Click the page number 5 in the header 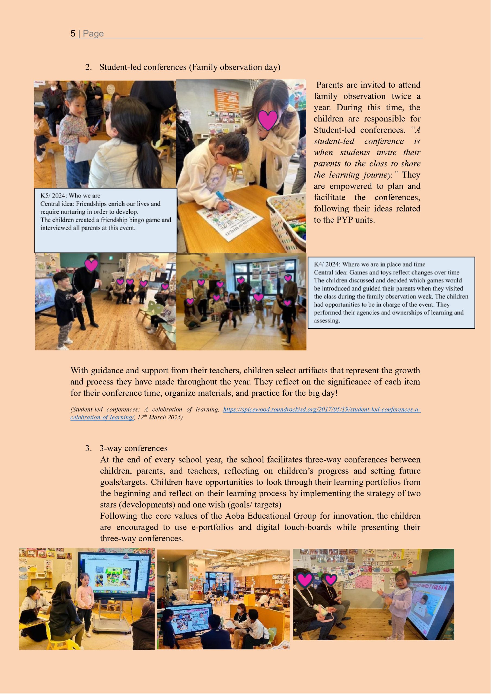coord(73,34)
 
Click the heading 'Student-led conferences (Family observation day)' coord(190,67)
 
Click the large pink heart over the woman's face coord(267,120)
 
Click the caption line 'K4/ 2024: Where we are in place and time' coord(369,264)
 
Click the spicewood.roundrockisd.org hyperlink coord(321,410)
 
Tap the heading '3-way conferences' coord(133,448)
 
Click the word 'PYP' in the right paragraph coord(345,220)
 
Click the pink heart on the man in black coord(91,265)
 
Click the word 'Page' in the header coord(93,34)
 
